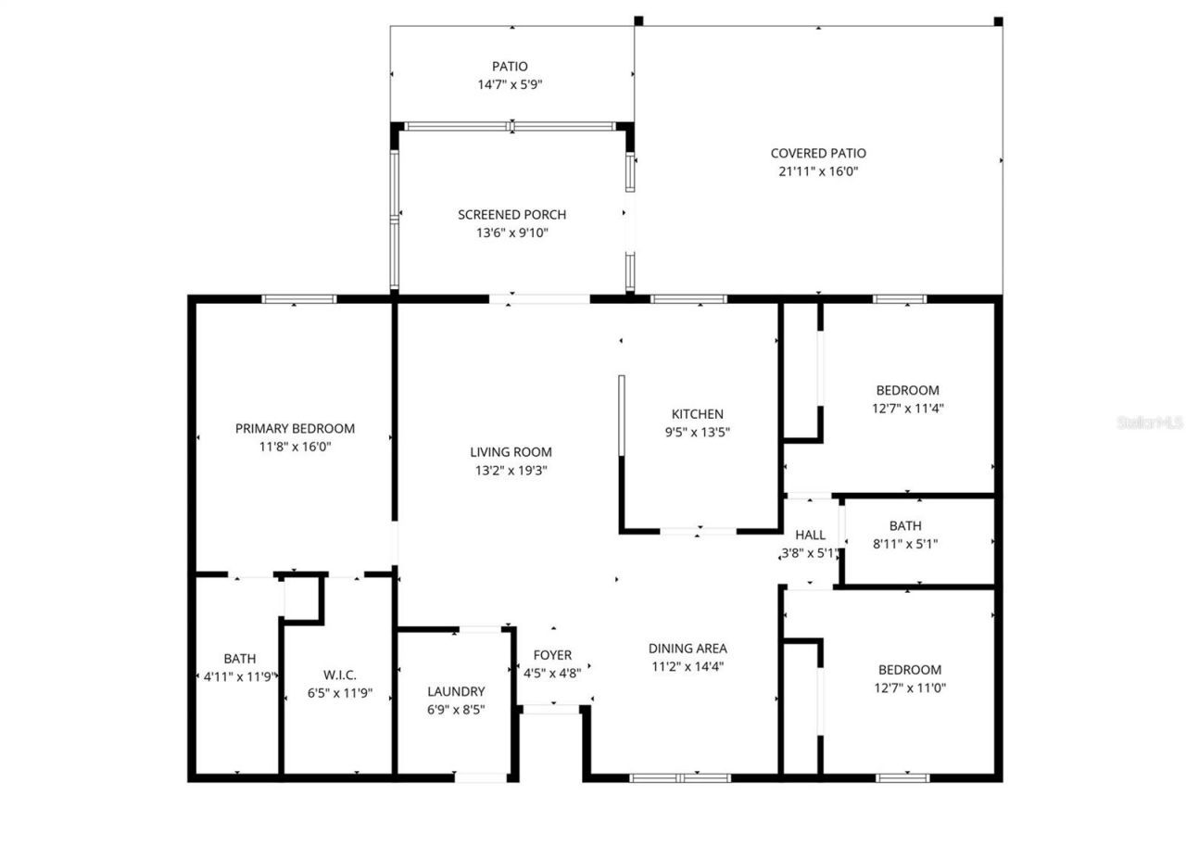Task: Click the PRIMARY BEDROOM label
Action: pyautogui.click(x=295, y=428)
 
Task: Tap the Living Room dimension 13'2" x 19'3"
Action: pyautogui.click(x=511, y=470)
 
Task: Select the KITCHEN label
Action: pyautogui.click(x=697, y=414)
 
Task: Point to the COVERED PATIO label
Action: pyautogui.click(x=818, y=153)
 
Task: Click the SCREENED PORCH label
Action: pyautogui.click(x=511, y=214)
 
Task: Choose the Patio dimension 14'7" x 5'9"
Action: pyautogui.click(x=510, y=84)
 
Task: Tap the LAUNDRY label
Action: pyautogui.click(x=456, y=691)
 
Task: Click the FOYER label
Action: pyautogui.click(x=552, y=655)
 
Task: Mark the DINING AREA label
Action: pyautogui.click(x=687, y=649)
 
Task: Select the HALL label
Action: pyautogui.click(x=810, y=535)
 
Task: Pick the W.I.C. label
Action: pyautogui.click(x=340, y=675)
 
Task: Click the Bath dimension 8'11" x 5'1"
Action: pyautogui.click(x=905, y=544)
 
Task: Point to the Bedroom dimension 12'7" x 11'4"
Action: pyautogui.click(x=907, y=408)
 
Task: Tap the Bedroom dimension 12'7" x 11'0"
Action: pyautogui.click(x=909, y=687)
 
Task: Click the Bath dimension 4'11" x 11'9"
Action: pyautogui.click(x=239, y=676)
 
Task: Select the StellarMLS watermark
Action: pyautogui.click(x=1150, y=422)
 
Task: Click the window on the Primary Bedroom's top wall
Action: pyautogui.click(x=298, y=298)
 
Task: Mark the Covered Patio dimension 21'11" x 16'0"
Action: pyautogui.click(x=818, y=171)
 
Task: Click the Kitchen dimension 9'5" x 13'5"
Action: pyautogui.click(x=697, y=432)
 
